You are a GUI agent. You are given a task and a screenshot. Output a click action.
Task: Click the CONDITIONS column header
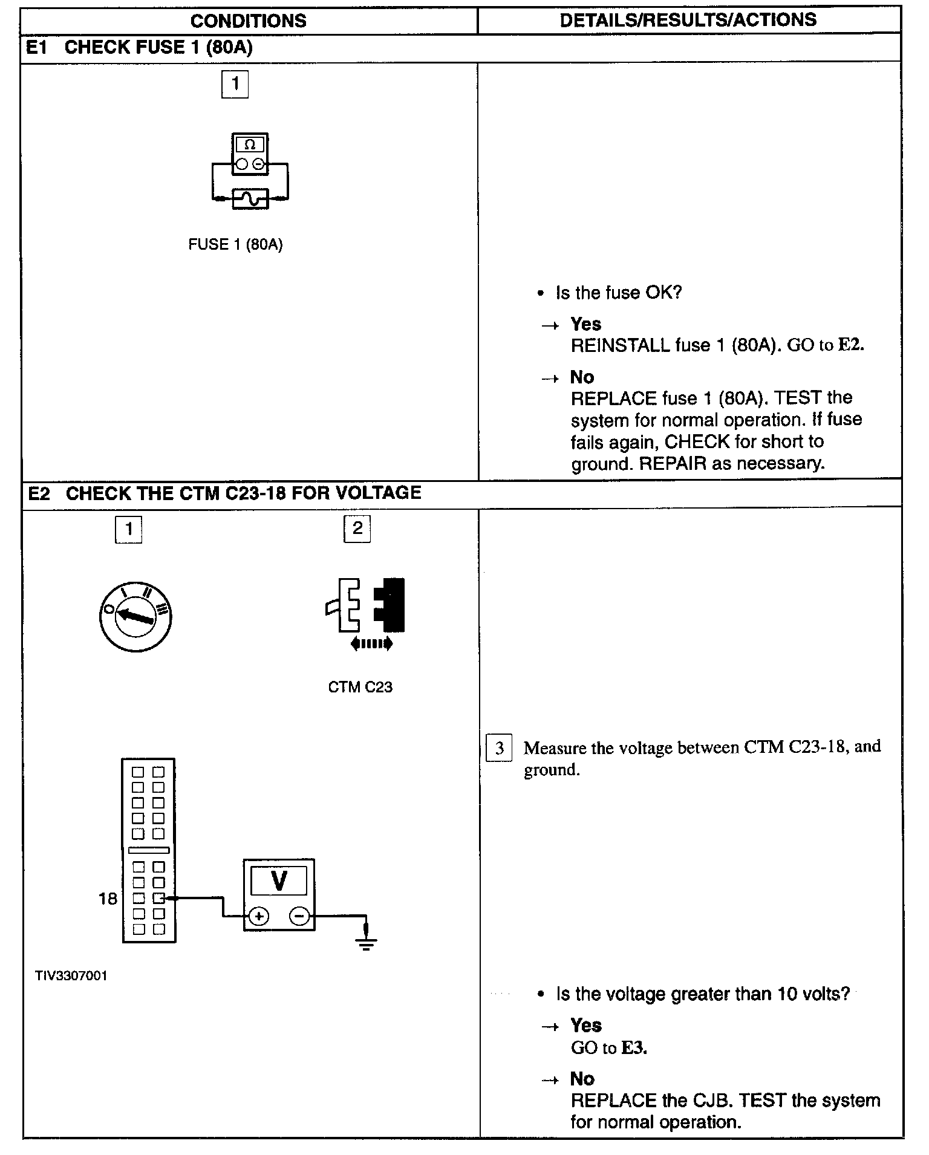pos(248,21)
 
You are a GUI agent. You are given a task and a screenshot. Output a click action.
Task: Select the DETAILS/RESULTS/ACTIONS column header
pos(688,20)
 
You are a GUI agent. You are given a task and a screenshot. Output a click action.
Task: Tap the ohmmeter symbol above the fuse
pos(250,154)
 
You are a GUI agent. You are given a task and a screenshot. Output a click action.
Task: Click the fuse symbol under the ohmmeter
pos(250,198)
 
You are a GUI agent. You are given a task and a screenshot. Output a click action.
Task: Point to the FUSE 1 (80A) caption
pos(235,244)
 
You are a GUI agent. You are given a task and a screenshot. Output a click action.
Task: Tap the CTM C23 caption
pos(360,687)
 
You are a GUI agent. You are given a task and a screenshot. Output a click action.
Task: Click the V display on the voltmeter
pos(279,880)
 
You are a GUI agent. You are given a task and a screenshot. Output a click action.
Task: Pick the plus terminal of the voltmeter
pos(259,916)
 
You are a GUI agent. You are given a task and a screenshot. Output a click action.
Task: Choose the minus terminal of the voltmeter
pos(299,916)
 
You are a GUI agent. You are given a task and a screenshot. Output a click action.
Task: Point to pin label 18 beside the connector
pos(108,899)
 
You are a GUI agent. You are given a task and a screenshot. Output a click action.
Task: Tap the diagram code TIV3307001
pos(71,976)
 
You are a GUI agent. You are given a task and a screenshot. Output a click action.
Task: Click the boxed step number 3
pos(499,748)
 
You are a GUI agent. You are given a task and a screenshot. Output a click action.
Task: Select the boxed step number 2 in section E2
pos(357,529)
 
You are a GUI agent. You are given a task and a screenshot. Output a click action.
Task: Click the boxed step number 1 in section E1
pos(235,83)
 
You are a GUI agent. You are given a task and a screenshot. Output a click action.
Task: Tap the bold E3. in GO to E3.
pos(634,1048)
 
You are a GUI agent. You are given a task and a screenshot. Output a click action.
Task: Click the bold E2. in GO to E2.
pos(850,345)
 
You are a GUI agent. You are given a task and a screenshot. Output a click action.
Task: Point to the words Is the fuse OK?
pos(618,293)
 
